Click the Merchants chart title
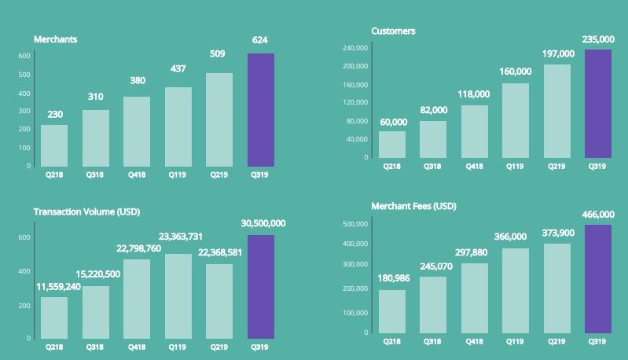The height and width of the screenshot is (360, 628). tap(55, 39)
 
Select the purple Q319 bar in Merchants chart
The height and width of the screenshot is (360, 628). tap(261, 110)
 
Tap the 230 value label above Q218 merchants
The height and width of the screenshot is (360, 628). tap(55, 115)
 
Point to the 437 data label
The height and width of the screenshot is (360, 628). tap(178, 69)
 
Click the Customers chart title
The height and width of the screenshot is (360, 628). tap(393, 31)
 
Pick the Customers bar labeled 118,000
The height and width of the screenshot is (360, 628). tap(474, 131)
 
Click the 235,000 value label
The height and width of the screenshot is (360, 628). tap(598, 39)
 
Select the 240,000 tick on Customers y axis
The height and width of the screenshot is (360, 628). tap(356, 49)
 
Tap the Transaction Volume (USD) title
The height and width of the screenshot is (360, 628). tap(86, 212)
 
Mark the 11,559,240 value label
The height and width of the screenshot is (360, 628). tap(58, 287)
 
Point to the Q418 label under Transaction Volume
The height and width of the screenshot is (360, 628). tap(137, 347)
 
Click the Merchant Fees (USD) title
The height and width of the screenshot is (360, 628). tap(413, 206)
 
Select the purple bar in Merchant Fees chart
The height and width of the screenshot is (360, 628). tap(598, 279)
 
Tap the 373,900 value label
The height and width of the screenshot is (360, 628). tap(557, 233)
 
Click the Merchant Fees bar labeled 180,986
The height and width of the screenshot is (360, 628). tap(392, 311)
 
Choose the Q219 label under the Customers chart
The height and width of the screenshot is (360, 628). tap(556, 167)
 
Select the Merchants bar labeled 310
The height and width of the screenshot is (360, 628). tap(96, 138)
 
